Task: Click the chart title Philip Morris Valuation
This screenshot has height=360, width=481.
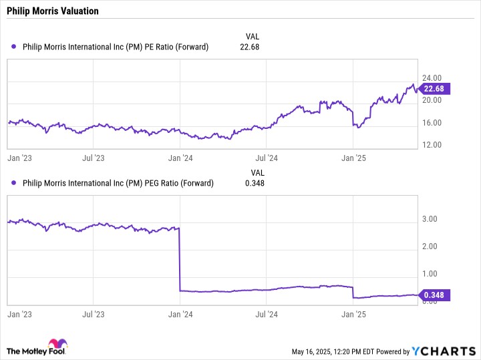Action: pos(53,11)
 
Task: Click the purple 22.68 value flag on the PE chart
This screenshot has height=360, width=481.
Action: pos(434,89)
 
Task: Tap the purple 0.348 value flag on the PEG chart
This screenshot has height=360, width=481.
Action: pos(434,295)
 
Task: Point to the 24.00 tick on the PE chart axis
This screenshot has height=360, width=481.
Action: pos(432,78)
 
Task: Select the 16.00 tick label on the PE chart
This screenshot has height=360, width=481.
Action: pos(432,123)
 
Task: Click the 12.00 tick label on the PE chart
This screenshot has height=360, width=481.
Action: pos(432,145)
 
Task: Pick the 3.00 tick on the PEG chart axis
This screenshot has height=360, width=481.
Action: pos(430,219)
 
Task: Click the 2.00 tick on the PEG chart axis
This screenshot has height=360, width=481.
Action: pos(430,246)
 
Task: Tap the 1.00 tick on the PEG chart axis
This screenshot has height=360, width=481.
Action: pos(430,274)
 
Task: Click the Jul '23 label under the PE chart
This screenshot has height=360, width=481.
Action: pos(94,158)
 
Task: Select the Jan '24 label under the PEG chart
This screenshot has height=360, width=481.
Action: pos(180,315)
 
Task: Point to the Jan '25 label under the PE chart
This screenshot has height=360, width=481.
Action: pos(353,158)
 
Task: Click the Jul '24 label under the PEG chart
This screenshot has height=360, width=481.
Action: pos(267,315)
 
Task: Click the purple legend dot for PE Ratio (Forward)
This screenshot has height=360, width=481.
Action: pos(13,47)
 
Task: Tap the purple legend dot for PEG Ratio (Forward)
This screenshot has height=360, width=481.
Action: pos(13,183)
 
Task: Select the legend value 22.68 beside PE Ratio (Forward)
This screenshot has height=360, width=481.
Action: pos(249,47)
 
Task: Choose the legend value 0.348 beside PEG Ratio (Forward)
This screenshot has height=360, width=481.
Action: pos(255,183)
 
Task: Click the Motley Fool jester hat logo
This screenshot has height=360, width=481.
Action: pos(58,344)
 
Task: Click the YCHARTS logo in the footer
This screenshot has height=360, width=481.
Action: pos(444,351)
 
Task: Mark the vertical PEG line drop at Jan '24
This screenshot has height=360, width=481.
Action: pos(180,259)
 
